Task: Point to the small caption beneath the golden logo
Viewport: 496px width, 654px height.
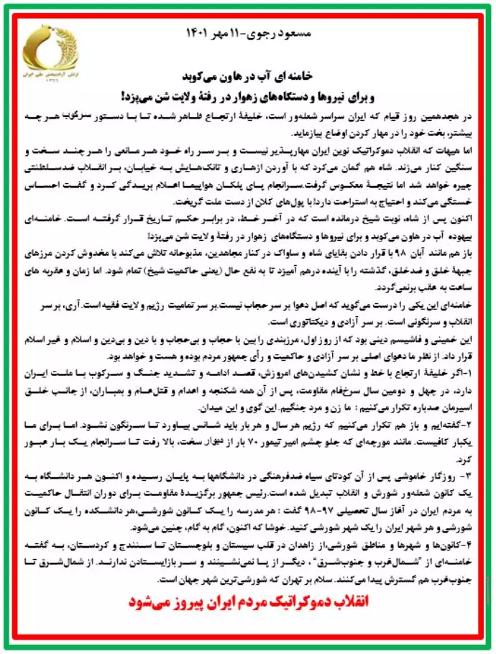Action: point(47,77)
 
